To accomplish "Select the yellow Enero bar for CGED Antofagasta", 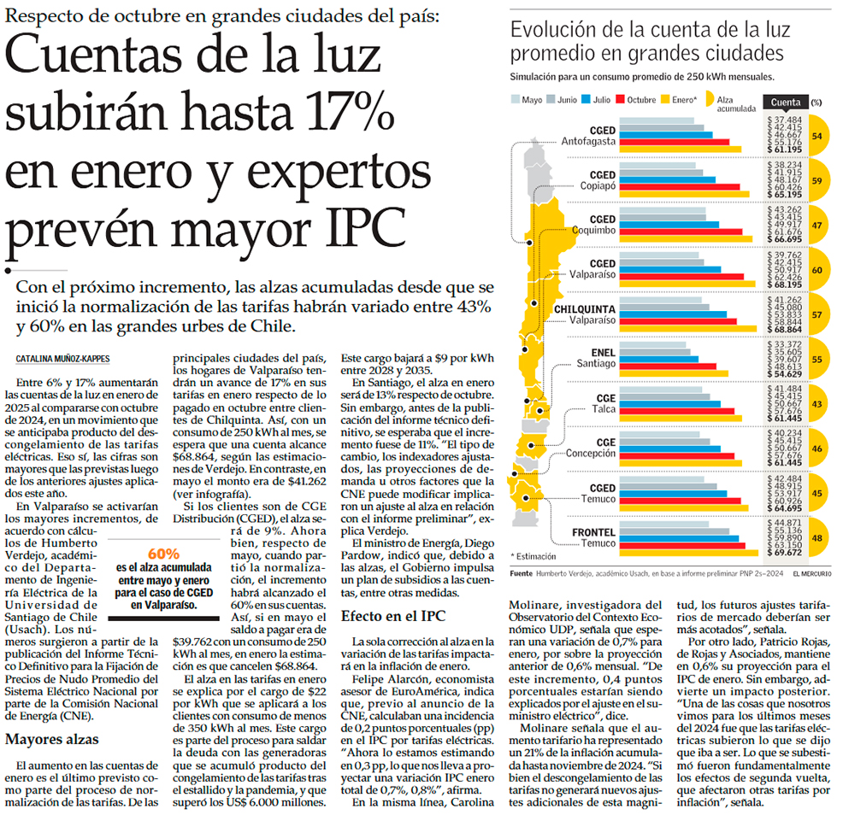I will [x=684, y=150].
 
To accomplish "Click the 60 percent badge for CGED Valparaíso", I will [x=816, y=270].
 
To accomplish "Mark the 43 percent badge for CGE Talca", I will [x=816, y=404].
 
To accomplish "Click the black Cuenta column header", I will [x=784, y=101].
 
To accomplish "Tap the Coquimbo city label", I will [x=591, y=229].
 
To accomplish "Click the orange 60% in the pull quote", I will [x=163, y=552].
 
